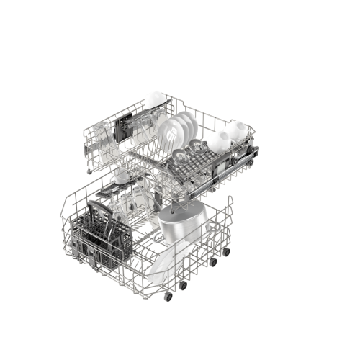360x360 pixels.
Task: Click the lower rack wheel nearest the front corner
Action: coord(168,296)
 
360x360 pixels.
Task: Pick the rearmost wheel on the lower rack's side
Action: coord(228,253)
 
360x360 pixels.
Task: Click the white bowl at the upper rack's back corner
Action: coord(153,99)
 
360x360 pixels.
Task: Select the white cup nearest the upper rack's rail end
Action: coord(235,130)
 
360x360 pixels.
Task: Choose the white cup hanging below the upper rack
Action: coord(122,176)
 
